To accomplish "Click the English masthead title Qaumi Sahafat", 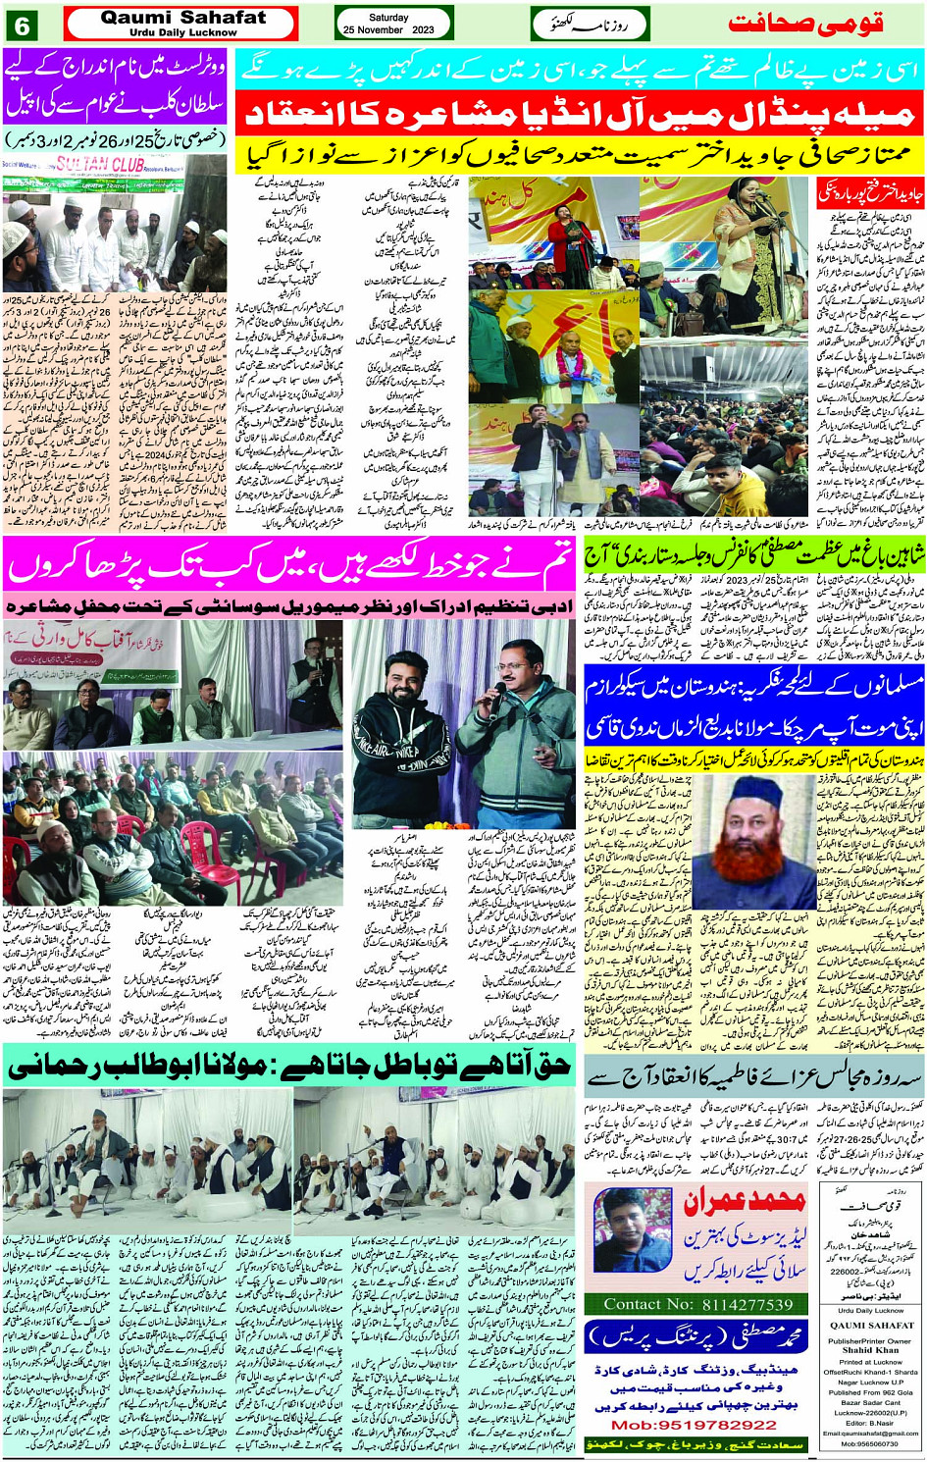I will point(182,18).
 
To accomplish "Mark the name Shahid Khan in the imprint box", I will point(869,1349).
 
